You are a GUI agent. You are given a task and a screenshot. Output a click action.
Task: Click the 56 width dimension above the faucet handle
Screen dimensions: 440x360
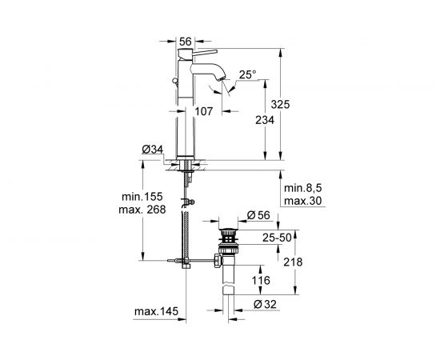pos(186,42)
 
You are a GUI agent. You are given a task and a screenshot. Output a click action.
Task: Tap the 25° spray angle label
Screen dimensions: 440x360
pos(247,74)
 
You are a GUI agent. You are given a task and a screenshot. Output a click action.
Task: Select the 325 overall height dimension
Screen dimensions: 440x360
pos(280,104)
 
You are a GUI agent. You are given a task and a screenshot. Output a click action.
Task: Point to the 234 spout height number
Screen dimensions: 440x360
pos(265,120)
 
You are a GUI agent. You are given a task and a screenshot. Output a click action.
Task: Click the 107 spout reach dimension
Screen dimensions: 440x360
pos(204,111)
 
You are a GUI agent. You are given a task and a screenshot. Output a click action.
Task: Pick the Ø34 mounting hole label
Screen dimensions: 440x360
pos(152,150)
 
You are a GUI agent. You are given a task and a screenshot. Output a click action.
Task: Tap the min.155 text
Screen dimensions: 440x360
pos(142,197)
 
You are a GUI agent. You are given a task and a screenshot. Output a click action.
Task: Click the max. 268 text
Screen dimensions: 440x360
pos(142,210)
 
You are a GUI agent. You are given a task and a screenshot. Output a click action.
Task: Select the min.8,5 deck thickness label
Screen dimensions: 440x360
pos(302,188)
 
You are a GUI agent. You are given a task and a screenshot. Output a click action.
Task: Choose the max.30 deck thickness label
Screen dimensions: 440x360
pos(302,201)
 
